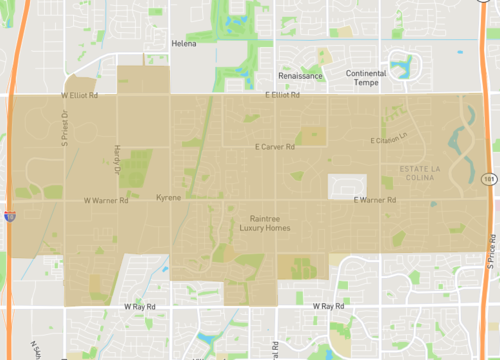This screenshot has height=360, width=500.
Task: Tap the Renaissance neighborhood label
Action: pos(300,76)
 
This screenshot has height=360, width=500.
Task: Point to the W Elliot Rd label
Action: pos(79,95)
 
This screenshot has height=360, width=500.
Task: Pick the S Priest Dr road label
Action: pos(63,128)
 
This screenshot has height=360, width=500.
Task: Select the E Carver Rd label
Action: pos(275,147)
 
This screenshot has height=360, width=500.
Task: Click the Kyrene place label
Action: pos(170,198)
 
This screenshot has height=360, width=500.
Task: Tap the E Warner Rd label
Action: pos(376,200)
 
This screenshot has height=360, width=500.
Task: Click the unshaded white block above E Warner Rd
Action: pos(347,186)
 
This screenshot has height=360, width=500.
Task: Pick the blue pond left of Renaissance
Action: pos(238,18)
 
